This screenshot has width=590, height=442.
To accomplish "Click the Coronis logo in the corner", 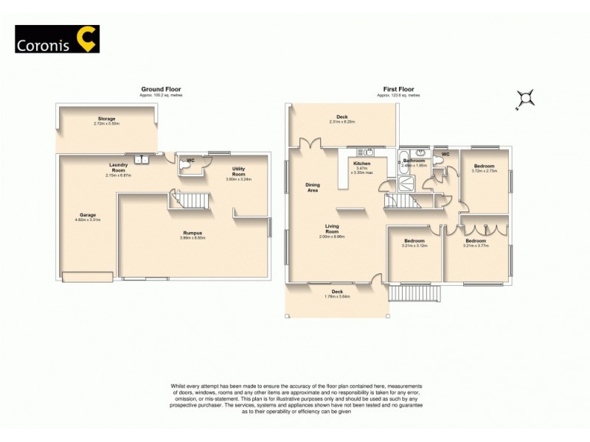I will (x=57, y=39).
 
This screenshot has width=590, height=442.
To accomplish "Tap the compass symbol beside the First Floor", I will (x=525, y=98).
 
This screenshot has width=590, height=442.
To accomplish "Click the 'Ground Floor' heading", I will (x=160, y=89).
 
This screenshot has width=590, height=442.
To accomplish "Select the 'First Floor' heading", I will (x=398, y=89).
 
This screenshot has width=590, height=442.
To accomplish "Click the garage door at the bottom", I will (x=88, y=277).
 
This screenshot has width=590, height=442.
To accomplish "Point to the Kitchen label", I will (x=361, y=164).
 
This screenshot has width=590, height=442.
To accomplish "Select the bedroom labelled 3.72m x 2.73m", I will (x=485, y=168).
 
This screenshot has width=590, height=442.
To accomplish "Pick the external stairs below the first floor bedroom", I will (x=414, y=292).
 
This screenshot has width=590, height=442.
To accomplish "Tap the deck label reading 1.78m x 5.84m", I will (x=337, y=294).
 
